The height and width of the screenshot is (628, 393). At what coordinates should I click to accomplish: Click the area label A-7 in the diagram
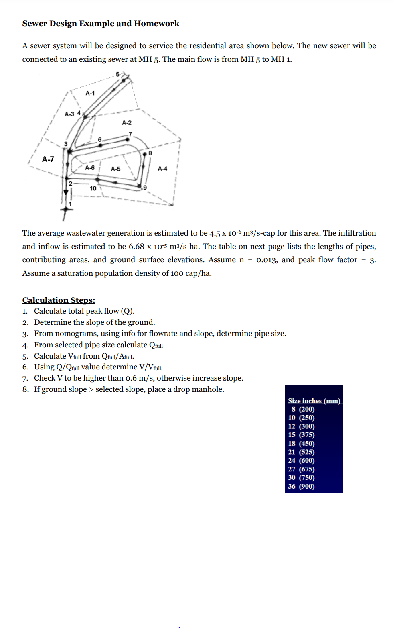click(48, 159)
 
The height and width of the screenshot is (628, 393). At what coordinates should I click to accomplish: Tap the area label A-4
click(162, 169)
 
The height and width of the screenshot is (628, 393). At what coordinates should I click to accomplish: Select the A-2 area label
click(127, 123)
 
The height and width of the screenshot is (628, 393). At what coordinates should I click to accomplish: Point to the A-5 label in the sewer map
click(115, 169)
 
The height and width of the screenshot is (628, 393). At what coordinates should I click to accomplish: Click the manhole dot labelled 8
click(145, 153)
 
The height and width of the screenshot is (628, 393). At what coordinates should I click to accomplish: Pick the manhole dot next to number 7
click(127, 139)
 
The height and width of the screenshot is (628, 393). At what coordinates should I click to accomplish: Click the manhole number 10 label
click(93, 188)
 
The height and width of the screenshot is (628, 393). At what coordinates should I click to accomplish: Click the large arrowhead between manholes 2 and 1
click(66, 192)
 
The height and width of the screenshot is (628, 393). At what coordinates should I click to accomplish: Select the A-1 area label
click(90, 93)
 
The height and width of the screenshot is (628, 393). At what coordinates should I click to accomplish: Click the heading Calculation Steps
click(59, 300)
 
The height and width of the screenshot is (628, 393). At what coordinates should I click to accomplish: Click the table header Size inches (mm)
click(314, 401)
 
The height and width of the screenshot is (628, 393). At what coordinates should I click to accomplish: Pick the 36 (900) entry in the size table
click(301, 486)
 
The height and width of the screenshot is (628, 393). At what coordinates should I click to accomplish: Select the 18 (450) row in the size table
click(301, 443)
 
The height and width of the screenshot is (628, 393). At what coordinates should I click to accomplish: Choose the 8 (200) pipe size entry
click(303, 409)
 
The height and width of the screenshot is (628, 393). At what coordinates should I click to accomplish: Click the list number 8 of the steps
click(25, 389)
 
